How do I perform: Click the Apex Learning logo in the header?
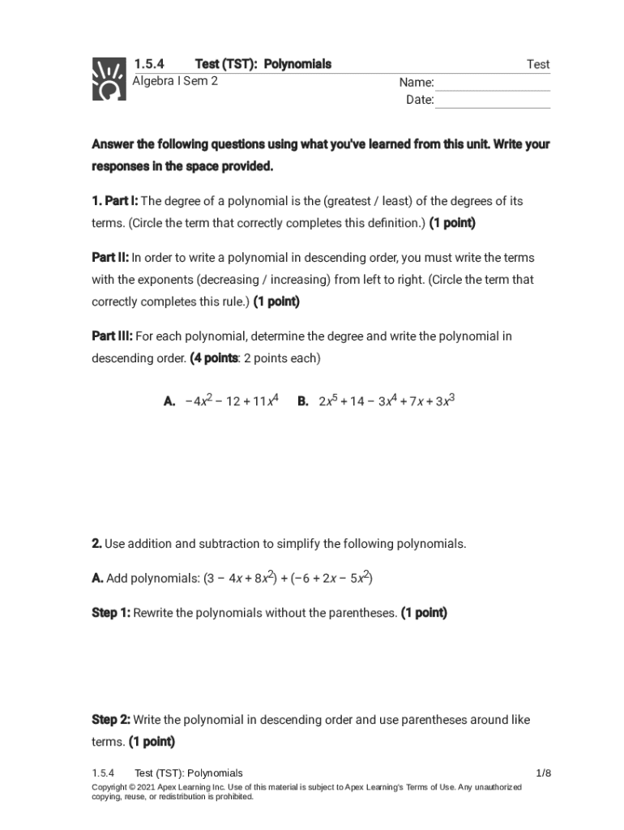(108, 79)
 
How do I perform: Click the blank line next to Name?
(493, 83)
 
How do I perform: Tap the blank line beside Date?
(493, 101)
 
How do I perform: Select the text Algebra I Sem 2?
(175, 81)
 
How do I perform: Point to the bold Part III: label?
(112, 336)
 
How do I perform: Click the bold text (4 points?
(214, 357)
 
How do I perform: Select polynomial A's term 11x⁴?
(263, 400)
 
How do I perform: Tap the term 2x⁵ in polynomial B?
(327, 400)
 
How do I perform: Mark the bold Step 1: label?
(111, 613)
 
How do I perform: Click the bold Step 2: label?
(111, 720)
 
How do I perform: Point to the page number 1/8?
(543, 773)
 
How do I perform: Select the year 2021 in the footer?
(147, 787)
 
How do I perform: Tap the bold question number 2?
(96, 543)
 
